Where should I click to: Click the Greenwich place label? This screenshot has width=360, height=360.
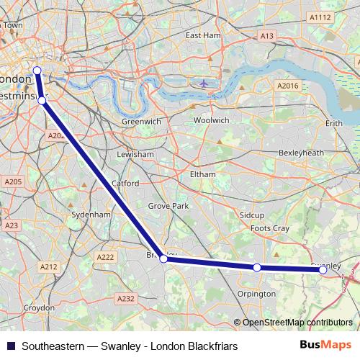coord(141,122)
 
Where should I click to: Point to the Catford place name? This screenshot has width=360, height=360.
coord(125,184)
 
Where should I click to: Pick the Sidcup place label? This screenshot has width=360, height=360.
coord(253,215)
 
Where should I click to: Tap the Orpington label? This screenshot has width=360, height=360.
coord(256,294)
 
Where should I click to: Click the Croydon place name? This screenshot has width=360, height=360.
coord(38,307)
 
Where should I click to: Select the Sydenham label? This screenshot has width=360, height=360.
coord(91,215)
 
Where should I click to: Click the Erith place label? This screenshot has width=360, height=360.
coord(334,124)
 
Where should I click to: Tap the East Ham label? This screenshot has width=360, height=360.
coord(203,35)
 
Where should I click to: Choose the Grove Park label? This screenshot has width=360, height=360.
coord(168,206)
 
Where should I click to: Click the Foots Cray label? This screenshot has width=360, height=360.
coord(269,228)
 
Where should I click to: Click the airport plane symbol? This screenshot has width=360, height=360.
coord(204,83)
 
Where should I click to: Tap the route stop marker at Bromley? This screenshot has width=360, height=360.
coord(163,258)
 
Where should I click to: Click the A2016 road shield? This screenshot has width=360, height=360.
coord(287,86)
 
